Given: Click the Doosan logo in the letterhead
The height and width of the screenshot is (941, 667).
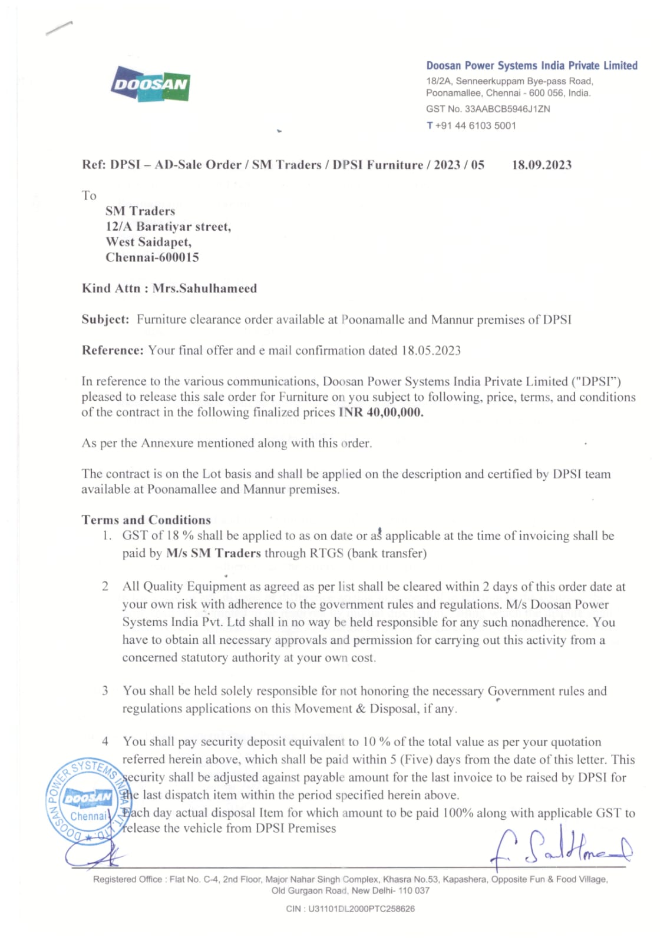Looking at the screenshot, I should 150,84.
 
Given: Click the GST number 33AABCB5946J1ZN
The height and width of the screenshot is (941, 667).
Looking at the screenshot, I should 507,109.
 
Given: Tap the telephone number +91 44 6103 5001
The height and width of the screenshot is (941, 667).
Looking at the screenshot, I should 476,125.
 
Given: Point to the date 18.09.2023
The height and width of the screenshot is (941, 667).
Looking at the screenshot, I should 541,165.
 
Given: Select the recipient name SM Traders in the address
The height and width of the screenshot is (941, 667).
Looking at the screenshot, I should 140,211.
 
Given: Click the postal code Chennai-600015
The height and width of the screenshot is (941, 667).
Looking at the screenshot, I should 152,257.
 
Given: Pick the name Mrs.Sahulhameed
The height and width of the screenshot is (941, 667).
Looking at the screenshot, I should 204,288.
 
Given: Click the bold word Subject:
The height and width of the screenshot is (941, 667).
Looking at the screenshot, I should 105,320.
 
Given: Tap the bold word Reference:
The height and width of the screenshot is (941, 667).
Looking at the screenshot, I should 112,351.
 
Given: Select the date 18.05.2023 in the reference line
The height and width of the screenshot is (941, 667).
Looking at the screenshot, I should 431,351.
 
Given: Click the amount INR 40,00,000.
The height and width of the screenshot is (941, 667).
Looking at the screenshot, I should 381,412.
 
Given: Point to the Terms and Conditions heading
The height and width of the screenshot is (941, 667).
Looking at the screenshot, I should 146,520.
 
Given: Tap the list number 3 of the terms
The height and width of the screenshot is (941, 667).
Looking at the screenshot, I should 105,690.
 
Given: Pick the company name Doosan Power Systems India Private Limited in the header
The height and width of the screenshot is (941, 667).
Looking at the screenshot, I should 531,65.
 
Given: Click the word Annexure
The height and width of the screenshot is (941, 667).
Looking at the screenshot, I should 167,443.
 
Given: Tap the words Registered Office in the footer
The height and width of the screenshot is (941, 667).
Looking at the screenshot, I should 127,879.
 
